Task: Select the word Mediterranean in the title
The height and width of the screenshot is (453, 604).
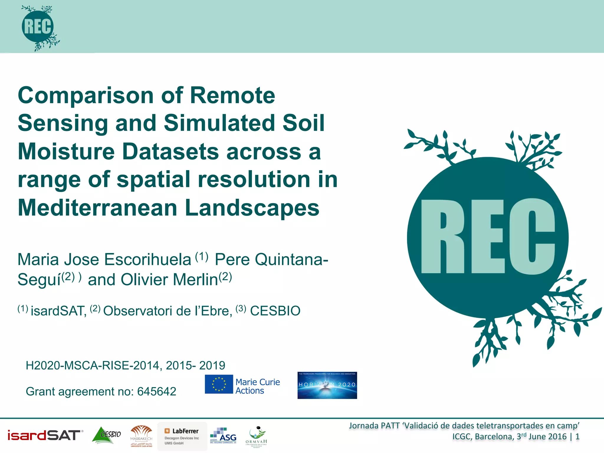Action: [97, 208]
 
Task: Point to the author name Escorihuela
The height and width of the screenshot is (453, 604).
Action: [147, 260]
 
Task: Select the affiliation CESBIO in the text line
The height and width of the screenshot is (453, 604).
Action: [275, 311]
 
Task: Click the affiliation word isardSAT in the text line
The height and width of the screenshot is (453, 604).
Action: [58, 311]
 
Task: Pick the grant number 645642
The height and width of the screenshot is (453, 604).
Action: [157, 392]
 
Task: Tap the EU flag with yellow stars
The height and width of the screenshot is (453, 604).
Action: [219, 384]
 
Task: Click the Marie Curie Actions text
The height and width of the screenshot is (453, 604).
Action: [257, 386]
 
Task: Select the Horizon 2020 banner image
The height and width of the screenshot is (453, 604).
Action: [327, 385]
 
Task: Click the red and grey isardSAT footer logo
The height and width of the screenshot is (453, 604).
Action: [44, 435]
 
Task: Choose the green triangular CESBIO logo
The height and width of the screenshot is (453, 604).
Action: [106, 435]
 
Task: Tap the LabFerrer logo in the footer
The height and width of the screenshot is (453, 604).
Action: [182, 436]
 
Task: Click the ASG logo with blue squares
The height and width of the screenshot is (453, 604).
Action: [223, 436]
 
